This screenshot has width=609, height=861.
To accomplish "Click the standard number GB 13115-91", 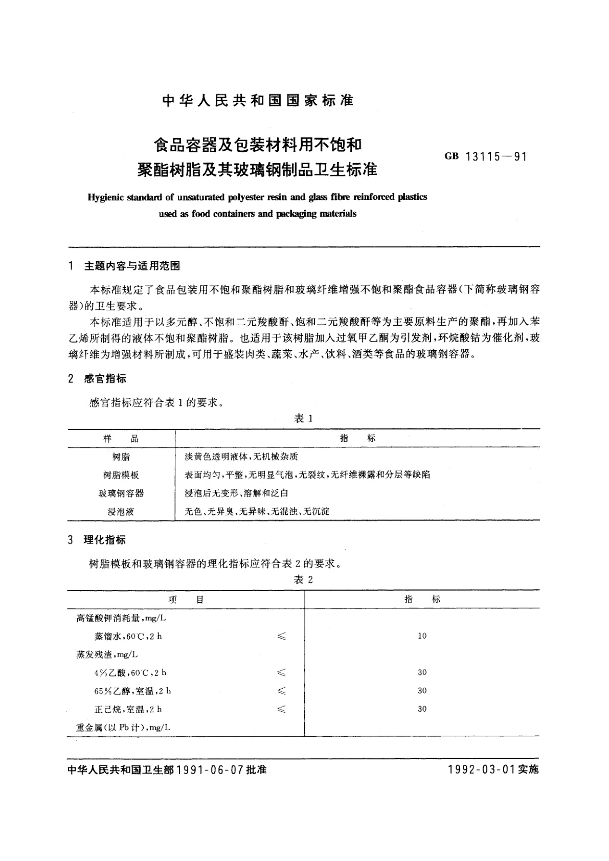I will point(485,157).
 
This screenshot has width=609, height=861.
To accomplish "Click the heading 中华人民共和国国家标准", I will point(258,101).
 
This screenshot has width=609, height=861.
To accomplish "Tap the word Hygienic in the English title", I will point(109,197).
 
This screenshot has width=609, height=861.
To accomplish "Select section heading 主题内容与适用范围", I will point(132,266).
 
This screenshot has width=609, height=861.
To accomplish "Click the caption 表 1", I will point(303,419).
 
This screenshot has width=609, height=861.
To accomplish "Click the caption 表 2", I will point(303,579).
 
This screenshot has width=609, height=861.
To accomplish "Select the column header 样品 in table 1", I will point(121,439).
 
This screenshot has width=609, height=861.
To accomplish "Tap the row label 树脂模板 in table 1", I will point(121,475).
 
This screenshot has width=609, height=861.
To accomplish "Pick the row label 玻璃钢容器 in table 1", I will point(121,493).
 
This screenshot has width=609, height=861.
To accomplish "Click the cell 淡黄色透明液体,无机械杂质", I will point(241,457).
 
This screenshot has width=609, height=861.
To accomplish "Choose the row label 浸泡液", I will point(121,511).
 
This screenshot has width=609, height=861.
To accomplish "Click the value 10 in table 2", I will point(422,636).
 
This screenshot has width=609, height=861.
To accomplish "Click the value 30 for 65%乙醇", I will point(422,691).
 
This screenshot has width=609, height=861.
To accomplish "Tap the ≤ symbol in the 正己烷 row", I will point(281,709).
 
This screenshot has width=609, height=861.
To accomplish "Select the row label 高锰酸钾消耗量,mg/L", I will point(121,618).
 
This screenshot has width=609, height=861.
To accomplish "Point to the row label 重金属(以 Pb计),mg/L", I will point(123,727).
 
